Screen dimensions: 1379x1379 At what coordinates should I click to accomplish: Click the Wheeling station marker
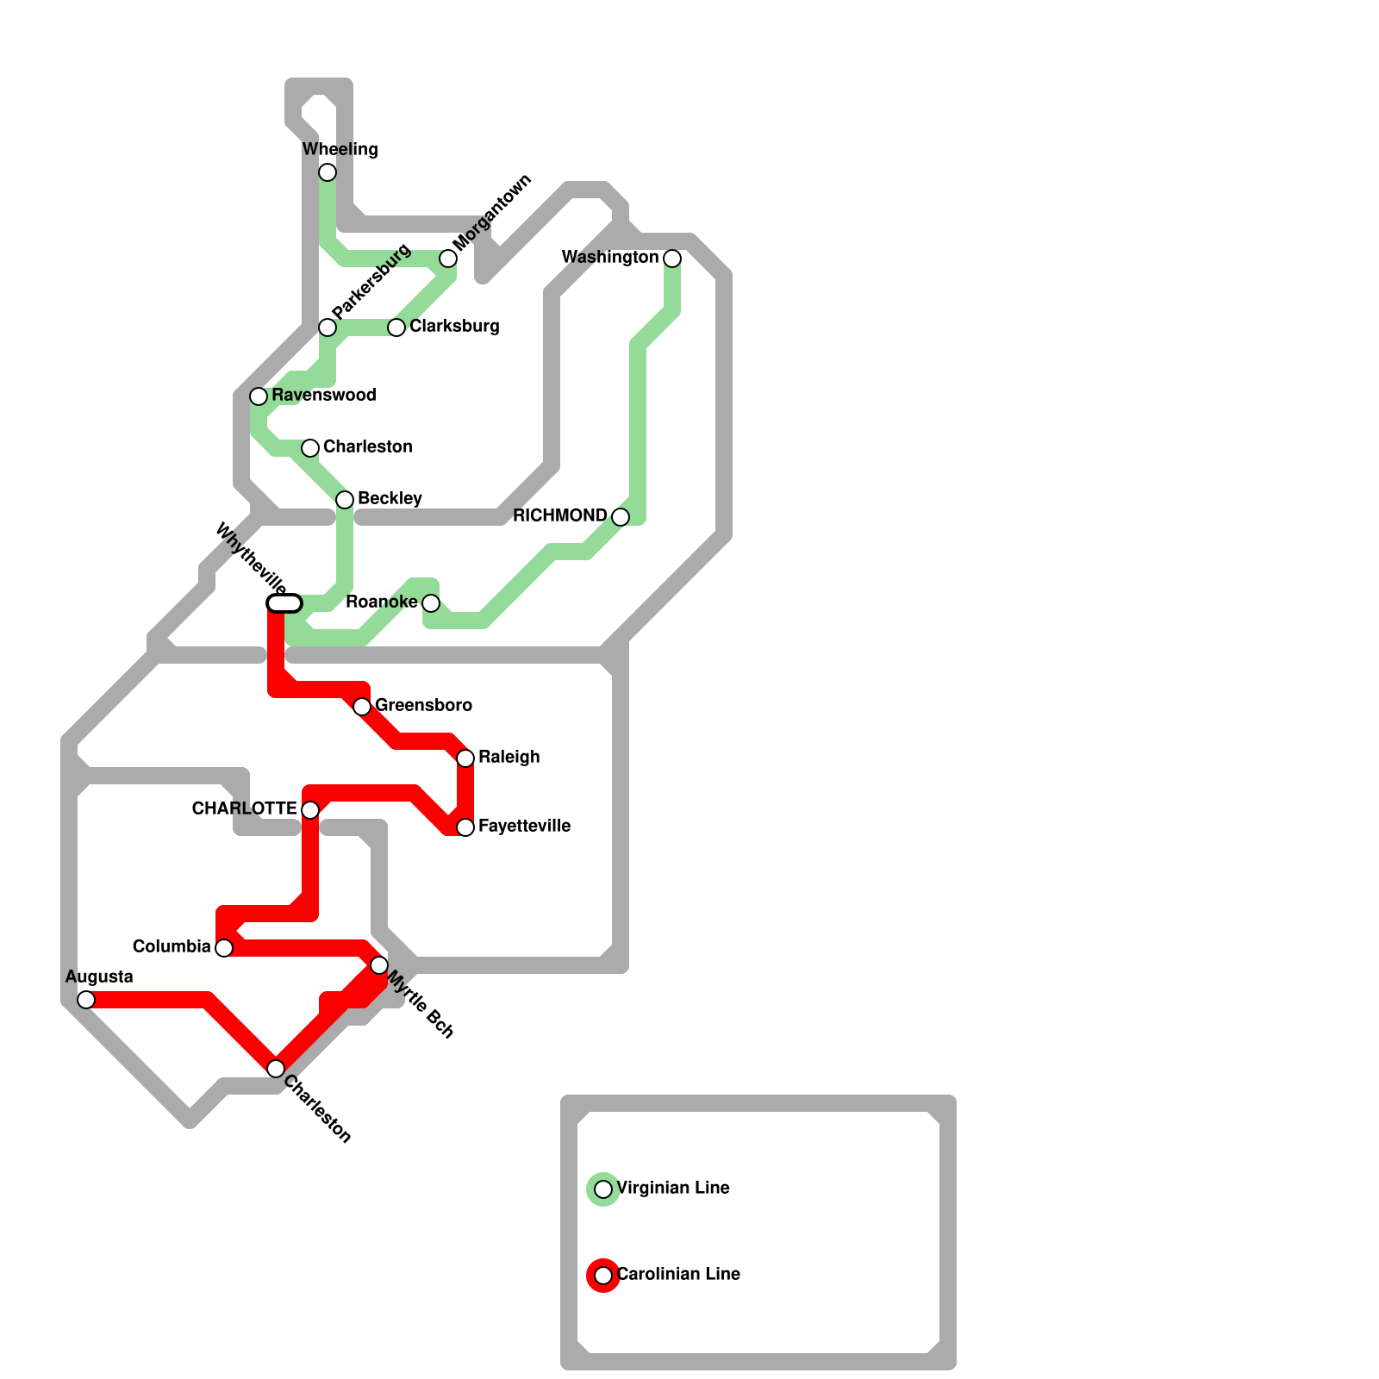328,172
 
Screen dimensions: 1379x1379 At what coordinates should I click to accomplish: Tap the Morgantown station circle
448,259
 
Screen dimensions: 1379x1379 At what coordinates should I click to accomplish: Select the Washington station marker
672,259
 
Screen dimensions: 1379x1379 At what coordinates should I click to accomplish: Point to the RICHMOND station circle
621,517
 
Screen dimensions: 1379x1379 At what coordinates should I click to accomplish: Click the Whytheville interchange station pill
284,603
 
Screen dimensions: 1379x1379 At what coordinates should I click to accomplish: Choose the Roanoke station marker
431,603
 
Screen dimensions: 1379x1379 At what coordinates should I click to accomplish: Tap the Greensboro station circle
362,707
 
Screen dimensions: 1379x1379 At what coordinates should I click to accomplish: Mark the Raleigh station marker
465,758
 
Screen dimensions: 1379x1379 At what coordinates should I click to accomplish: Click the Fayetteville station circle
465,827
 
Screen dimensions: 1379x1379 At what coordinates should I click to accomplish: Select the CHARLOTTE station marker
310,810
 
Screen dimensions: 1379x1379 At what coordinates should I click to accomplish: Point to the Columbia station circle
224,948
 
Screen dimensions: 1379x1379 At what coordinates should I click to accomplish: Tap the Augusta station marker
86,1000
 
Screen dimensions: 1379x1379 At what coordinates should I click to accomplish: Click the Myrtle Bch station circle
379,965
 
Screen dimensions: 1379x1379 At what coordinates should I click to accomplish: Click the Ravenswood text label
323,396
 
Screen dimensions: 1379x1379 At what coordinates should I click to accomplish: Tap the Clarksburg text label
454,327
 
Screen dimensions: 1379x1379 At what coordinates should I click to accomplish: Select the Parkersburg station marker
328,328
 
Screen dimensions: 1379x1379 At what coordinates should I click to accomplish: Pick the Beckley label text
390,499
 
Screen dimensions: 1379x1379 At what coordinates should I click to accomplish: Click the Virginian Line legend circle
603,1189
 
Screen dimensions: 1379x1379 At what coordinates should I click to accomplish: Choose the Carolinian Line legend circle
603,1276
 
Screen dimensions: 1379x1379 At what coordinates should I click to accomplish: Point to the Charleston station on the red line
276,1069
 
